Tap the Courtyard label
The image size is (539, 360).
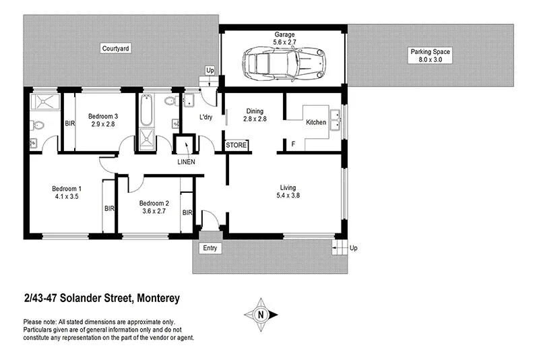115,49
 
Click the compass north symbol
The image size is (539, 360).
261,314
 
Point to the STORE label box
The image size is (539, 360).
236,145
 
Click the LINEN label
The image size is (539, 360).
186,162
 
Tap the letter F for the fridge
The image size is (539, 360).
292,144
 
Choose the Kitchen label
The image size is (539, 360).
316,123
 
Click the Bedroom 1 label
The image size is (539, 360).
67,188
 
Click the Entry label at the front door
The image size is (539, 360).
210,249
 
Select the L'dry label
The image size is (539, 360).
206,118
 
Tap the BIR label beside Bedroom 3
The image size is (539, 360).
69,123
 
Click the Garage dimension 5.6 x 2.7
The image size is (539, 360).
284,42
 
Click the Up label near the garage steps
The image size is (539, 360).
210,70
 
